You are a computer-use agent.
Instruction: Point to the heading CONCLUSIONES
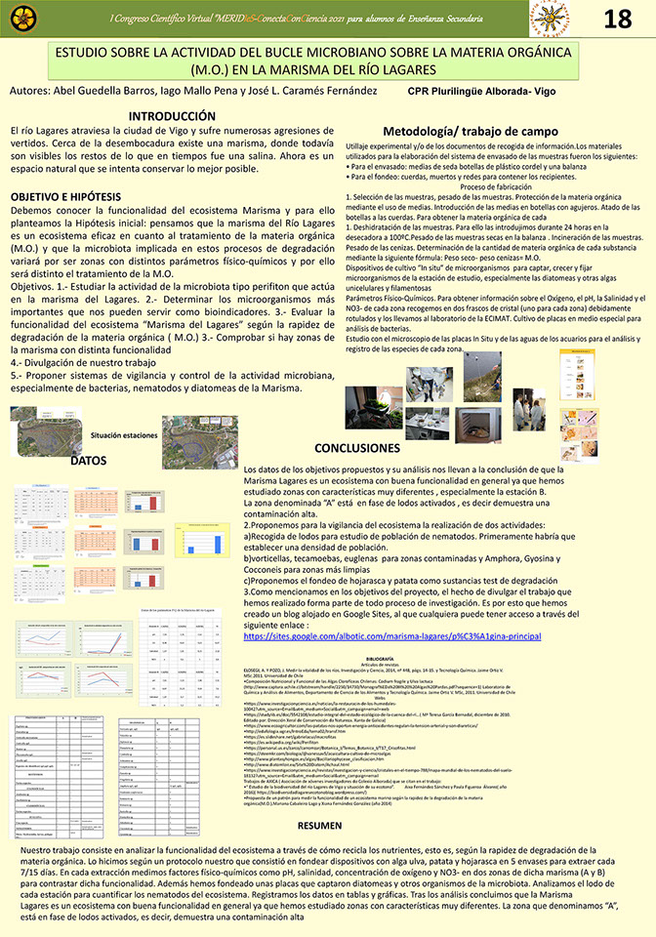[366, 448]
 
